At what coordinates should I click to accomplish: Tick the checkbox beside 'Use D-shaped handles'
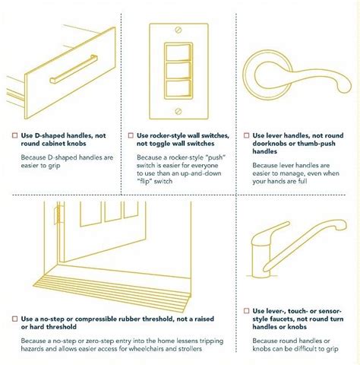15,135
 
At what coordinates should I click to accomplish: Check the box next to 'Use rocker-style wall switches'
131,135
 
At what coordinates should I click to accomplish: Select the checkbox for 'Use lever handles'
246,135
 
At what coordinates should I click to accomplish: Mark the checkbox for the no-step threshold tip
15,319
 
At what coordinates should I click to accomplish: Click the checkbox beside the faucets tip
246,311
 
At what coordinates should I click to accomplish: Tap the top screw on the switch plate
178,30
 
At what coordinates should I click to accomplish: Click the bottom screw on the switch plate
178,111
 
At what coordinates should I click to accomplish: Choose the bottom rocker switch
178,88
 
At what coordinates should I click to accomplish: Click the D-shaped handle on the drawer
74,68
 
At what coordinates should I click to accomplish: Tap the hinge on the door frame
58,214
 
